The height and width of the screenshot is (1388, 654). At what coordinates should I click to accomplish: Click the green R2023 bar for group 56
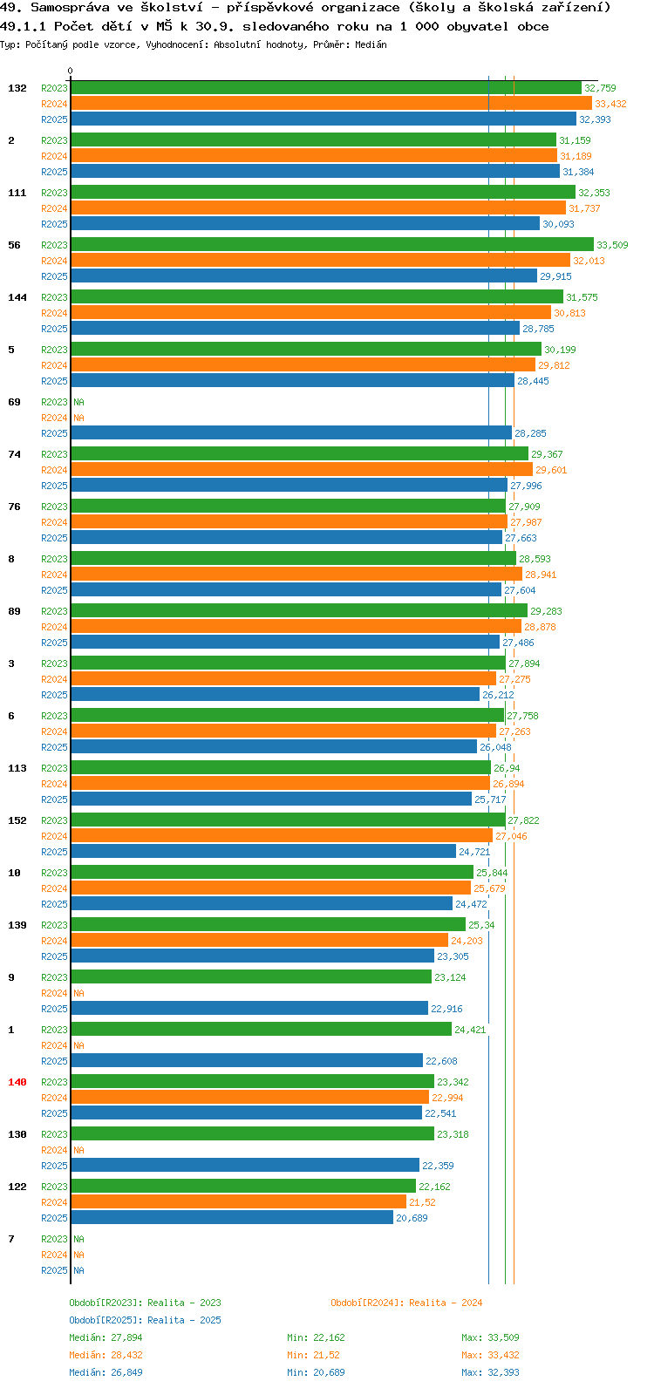click(x=332, y=245)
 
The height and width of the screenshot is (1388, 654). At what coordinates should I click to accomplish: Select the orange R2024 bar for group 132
click(x=331, y=104)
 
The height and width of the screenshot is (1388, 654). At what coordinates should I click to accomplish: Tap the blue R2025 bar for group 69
click(x=291, y=433)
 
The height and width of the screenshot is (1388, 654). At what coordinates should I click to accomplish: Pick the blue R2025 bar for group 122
click(x=233, y=1218)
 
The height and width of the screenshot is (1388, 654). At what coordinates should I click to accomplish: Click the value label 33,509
click(x=612, y=245)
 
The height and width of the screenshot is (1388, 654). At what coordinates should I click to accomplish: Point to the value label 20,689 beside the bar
click(x=412, y=1218)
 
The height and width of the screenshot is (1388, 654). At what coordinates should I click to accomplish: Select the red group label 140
click(x=17, y=1082)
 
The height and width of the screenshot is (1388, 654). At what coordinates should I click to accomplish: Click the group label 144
click(x=17, y=297)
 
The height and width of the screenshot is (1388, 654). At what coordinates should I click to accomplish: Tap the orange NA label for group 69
click(x=78, y=418)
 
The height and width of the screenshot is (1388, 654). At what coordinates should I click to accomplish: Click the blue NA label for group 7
click(x=78, y=1270)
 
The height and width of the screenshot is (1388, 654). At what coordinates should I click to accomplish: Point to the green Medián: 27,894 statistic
click(x=106, y=1337)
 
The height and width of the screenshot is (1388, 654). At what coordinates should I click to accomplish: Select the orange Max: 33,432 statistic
click(x=490, y=1355)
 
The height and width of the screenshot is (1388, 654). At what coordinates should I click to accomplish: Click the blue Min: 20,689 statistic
click(x=317, y=1372)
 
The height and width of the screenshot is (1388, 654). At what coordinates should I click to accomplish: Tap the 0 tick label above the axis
click(x=70, y=71)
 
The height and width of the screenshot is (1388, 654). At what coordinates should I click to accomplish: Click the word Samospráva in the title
click(x=70, y=8)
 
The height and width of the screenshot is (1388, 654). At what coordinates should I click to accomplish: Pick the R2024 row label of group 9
click(x=55, y=993)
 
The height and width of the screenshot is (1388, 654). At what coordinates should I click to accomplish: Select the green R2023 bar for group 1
click(x=262, y=1029)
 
